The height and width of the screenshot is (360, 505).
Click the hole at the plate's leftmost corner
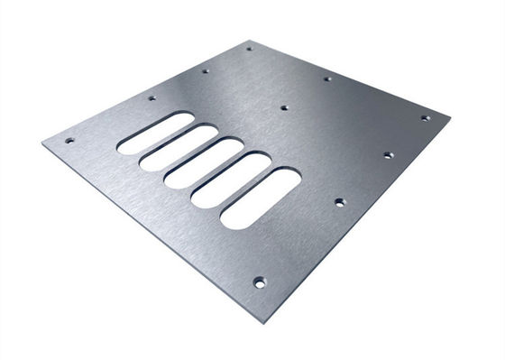69,140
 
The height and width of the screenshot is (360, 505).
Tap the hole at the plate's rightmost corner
425,117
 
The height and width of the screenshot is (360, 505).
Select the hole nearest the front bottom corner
259,281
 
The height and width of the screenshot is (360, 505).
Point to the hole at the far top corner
250,49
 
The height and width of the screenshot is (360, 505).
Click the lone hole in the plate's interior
283,107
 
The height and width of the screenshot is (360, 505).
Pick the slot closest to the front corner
261,198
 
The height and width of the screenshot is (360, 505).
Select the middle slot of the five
206,162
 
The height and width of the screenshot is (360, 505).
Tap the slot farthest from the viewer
156,132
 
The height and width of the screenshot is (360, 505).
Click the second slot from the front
232,180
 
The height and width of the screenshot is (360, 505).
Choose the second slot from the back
179,147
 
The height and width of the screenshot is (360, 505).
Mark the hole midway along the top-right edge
327,78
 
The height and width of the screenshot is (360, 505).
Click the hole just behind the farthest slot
151,97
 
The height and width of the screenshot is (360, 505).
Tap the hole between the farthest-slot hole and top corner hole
205,70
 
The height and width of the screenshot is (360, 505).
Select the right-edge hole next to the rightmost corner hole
388,154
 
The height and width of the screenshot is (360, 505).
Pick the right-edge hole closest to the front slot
340,201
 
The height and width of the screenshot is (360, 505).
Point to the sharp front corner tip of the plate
264,322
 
